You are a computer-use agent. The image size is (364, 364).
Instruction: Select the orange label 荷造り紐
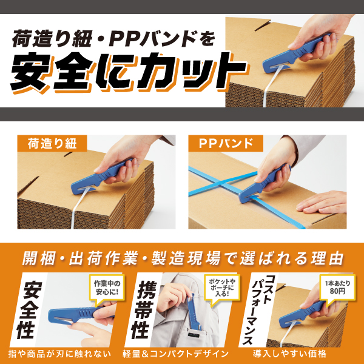(52, 144)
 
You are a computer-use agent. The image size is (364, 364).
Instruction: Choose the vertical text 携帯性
(145, 305)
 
